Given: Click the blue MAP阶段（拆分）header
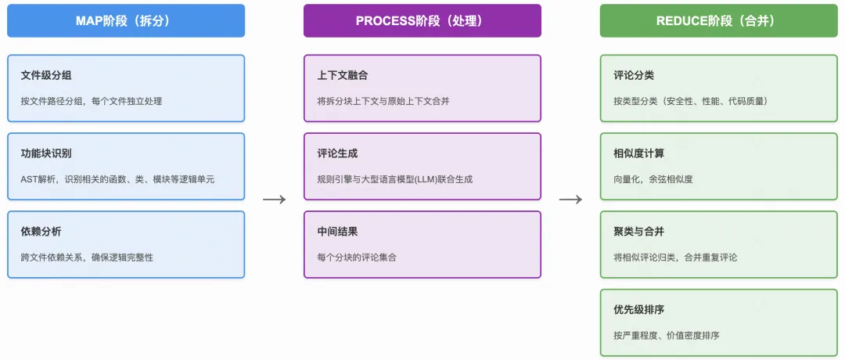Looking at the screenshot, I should pyautogui.click(x=126, y=21).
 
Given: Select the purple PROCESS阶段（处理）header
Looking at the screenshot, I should pyautogui.click(x=422, y=21).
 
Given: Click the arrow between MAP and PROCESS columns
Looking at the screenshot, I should pyautogui.click(x=274, y=200).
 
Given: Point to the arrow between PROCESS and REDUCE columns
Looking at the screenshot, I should pyautogui.click(x=570, y=200).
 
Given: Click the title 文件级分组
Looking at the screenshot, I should pyautogui.click(x=46, y=76).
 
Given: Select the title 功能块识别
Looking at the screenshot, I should pyautogui.click(x=46, y=154).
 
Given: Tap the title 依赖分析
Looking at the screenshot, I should pyautogui.click(x=41, y=232).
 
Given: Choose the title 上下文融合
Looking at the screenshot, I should pyautogui.click(x=343, y=76).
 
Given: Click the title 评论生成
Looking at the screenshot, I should pyautogui.click(x=337, y=154).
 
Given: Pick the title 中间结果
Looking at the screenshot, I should pyautogui.click(x=337, y=232).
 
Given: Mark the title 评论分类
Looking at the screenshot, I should pyautogui.click(x=634, y=76).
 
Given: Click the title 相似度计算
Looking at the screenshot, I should pyautogui.click(x=639, y=154).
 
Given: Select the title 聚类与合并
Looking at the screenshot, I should pyautogui.click(x=639, y=232).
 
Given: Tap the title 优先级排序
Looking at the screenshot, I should pyautogui.click(x=639, y=311).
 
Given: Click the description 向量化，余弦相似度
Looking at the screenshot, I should pyautogui.click(x=653, y=179).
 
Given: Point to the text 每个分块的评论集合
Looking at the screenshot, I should pyautogui.click(x=357, y=257).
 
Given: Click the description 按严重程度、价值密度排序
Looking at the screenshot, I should pyautogui.click(x=667, y=336).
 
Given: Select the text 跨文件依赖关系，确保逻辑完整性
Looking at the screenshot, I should pyautogui.click(x=87, y=257).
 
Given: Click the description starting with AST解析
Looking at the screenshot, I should pyautogui.click(x=117, y=179).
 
